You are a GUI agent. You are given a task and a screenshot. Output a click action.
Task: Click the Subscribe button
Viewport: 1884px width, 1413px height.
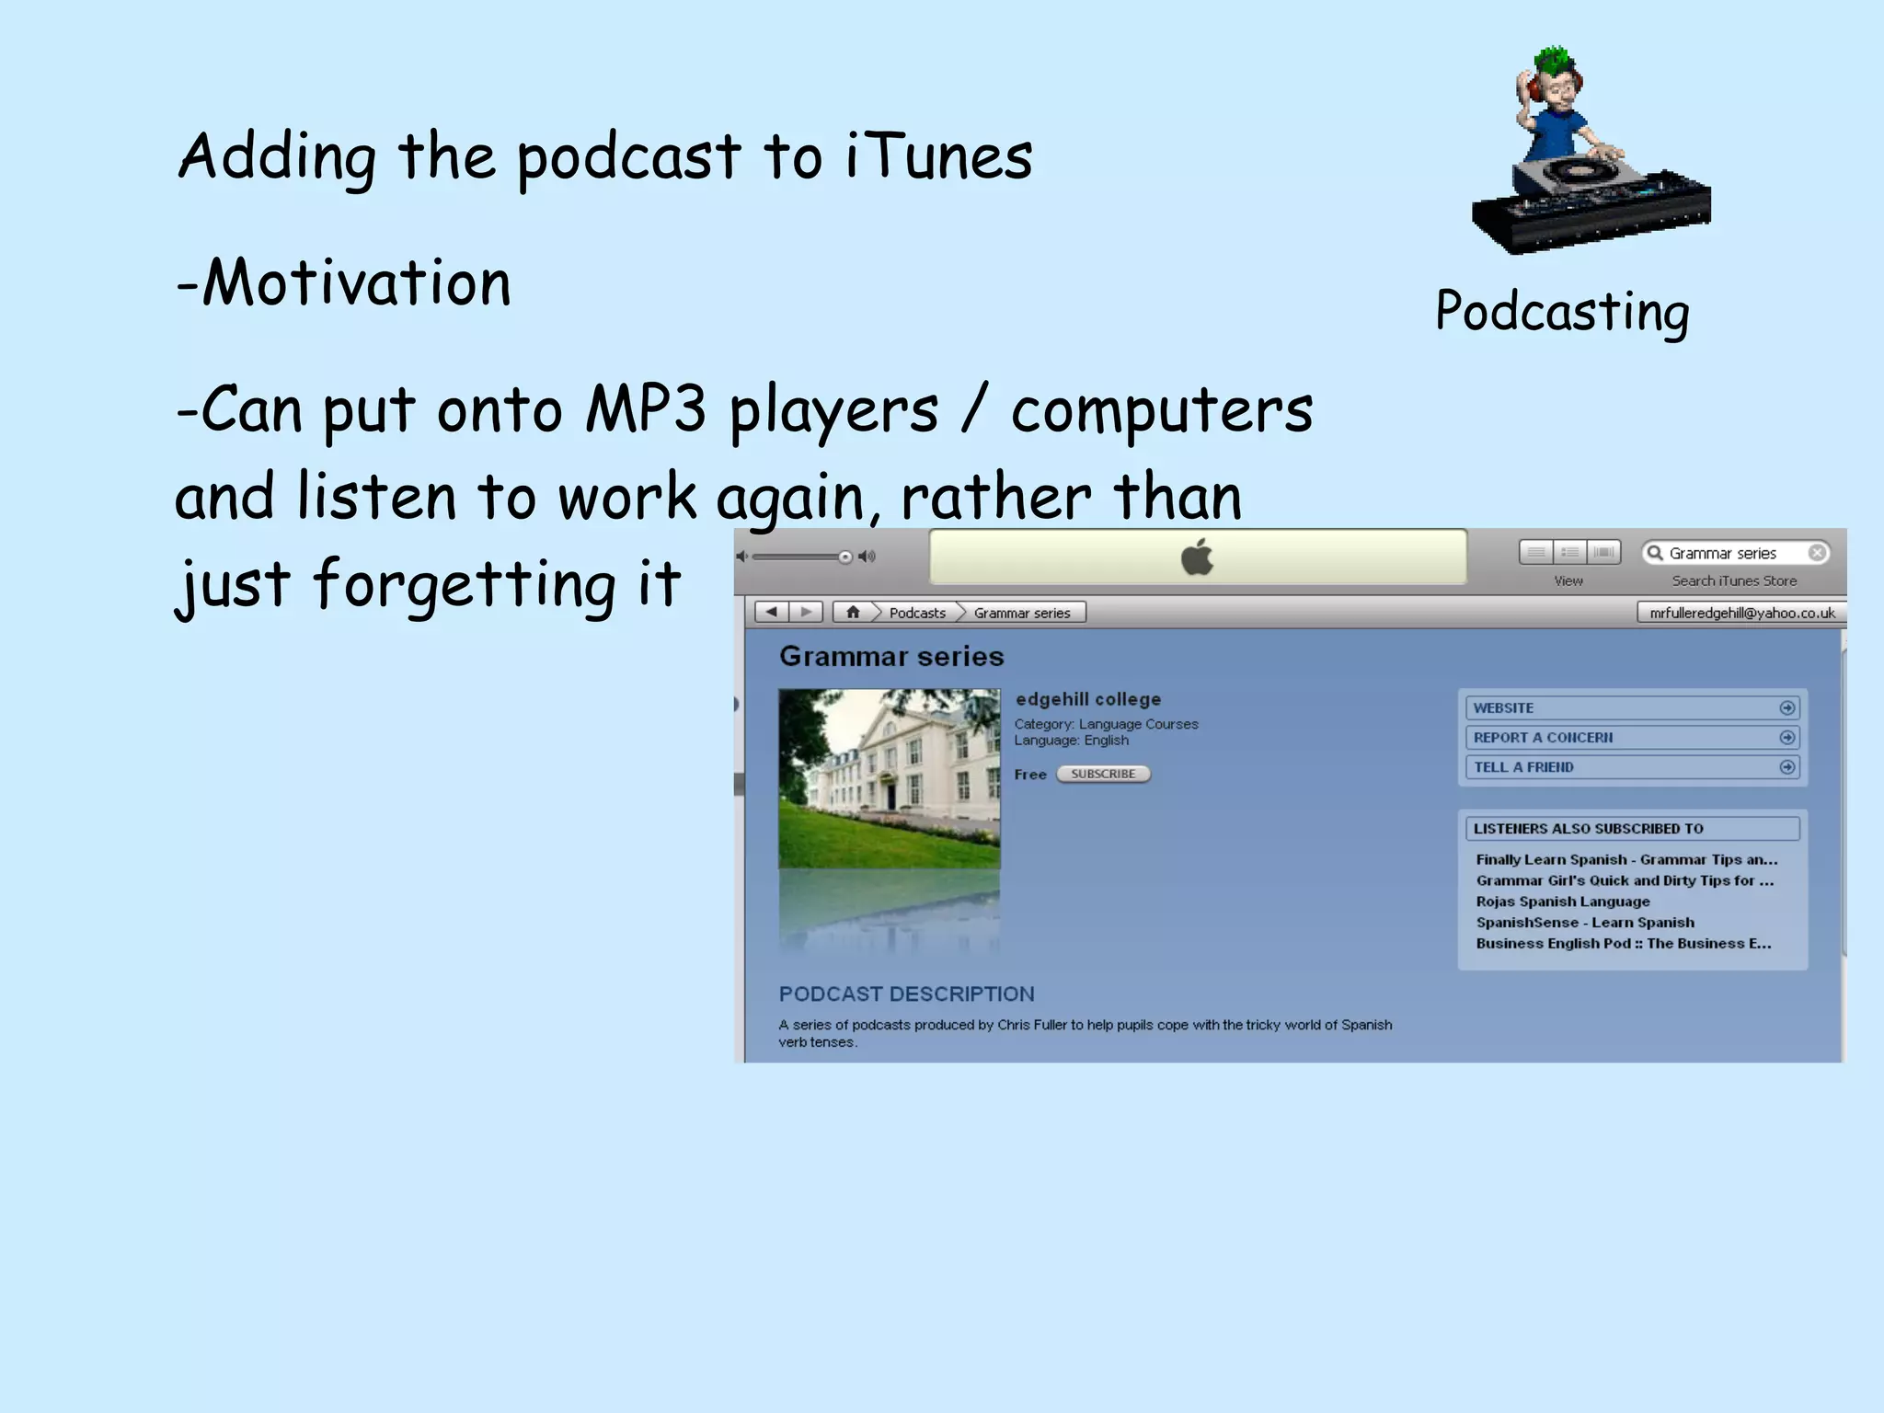pyautogui.click(x=1103, y=774)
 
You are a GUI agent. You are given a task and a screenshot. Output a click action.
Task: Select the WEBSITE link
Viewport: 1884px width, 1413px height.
pyautogui.click(x=1503, y=707)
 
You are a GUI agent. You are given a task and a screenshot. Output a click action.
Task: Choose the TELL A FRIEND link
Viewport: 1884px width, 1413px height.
pyautogui.click(x=1523, y=766)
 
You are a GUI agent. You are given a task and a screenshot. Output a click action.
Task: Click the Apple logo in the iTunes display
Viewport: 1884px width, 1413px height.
pyautogui.click(x=1197, y=557)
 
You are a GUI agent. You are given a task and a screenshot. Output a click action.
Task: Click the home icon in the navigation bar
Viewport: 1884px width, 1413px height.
pyautogui.click(x=853, y=612)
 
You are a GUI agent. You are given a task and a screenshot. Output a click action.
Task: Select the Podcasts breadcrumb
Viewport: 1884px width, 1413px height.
pyautogui.click(x=916, y=613)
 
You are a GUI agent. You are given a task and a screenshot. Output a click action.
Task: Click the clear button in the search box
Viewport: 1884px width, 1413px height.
pyautogui.click(x=1817, y=553)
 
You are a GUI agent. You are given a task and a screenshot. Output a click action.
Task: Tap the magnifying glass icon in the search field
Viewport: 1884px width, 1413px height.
pyautogui.click(x=1655, y=553)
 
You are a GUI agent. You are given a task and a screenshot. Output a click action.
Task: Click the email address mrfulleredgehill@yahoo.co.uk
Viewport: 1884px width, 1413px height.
pyautogui.click(x=1741, y=613)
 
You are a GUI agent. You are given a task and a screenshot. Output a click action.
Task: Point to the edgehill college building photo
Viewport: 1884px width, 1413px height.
pyautogui.click(x=889, y=778)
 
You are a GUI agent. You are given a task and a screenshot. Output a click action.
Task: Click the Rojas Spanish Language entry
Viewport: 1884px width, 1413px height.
pyautogui.click(x=1562, y=902)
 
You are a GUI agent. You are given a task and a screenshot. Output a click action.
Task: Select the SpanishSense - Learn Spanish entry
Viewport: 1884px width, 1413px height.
pyautogui.click(x=1584, y=922)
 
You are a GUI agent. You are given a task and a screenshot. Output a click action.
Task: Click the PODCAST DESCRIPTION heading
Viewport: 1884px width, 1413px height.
pyautogui.click(x=906, y=994)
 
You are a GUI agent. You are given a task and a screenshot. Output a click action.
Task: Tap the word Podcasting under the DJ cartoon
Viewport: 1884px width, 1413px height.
pyautogui.click(x=1562, y=311)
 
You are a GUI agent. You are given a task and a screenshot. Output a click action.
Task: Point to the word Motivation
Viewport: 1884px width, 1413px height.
pyautogui.click(x=355, y=282)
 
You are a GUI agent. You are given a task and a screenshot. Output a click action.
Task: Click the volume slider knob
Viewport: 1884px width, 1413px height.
pyautogui.click(x=844, y=557)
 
